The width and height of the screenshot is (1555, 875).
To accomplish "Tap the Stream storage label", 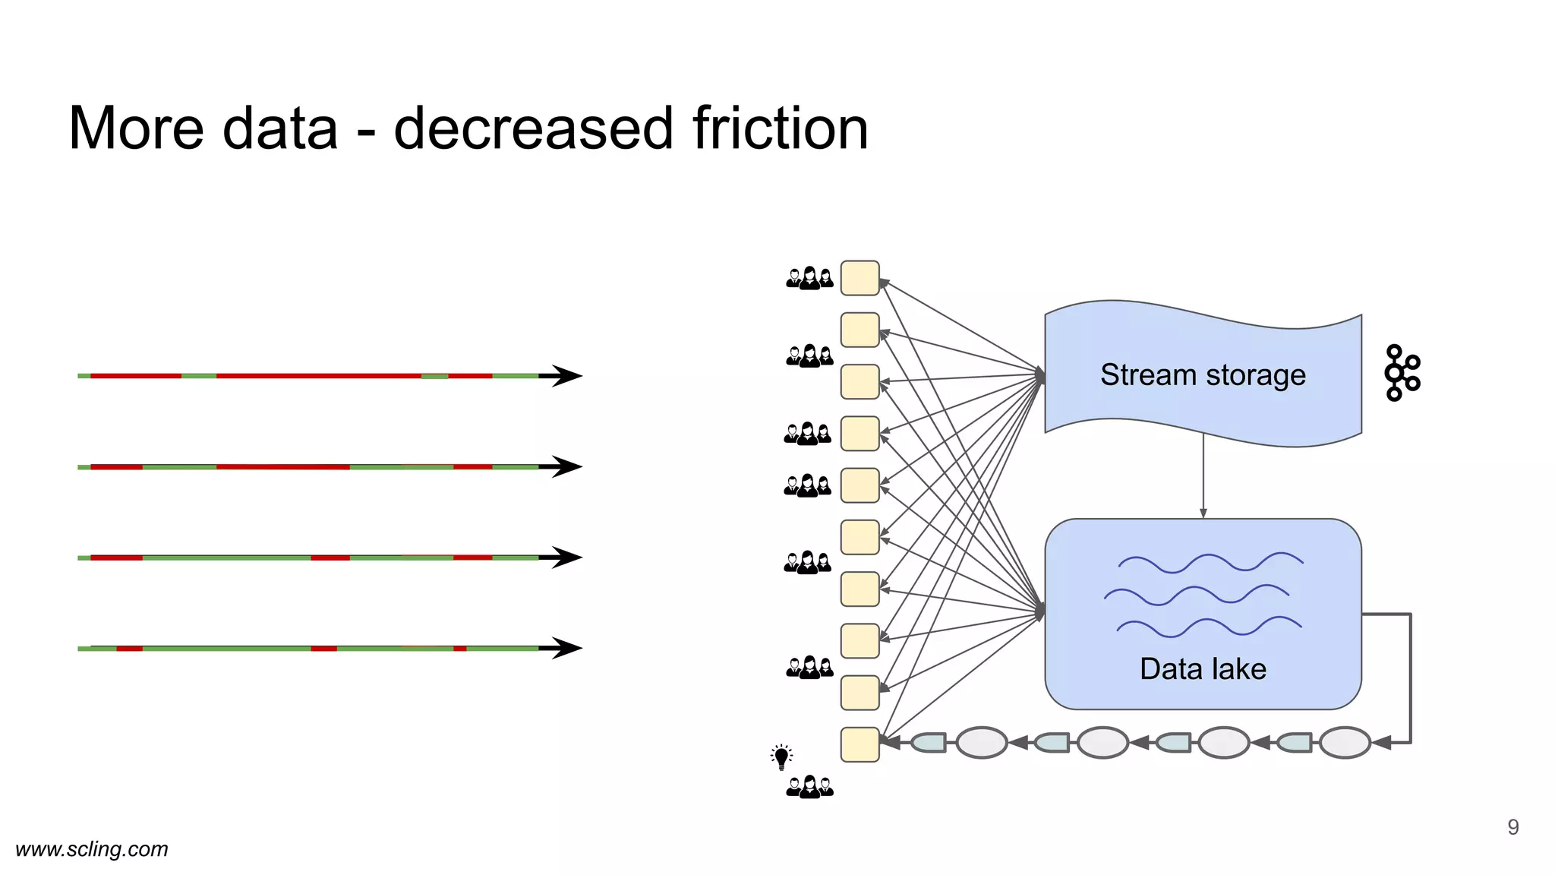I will (x=1203, y=375).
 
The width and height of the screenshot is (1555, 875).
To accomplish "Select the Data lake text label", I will (x=1203, y=669).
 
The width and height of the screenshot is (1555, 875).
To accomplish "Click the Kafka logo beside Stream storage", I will (x=1402, y=373).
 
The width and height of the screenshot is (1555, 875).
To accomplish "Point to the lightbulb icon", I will (x=781, y=757).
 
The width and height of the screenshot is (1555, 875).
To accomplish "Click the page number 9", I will (x=1512, y=827).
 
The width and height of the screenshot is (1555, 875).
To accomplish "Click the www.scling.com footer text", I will (x=92, y=849).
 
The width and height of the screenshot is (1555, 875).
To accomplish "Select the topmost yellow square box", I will (x=860, y=278).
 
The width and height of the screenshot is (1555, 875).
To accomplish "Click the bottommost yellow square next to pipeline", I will (x=860, y=744).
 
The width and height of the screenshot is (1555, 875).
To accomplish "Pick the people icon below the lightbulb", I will (x=809, y=787).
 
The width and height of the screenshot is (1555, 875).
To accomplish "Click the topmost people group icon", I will (x=809, y=278).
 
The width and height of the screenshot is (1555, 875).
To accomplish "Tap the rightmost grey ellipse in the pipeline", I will (x=1344, y=743).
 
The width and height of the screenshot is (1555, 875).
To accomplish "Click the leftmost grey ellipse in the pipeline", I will (x=981, y=743).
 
